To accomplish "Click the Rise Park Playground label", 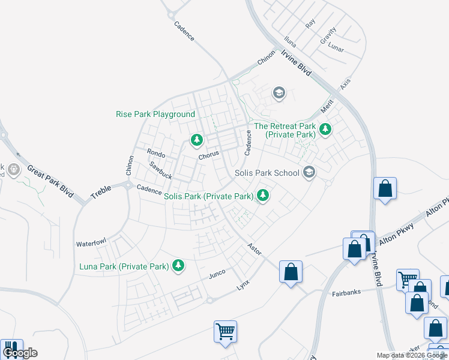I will pos(155,114).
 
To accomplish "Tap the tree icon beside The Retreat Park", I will pos(325,128).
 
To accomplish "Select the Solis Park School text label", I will pos(267,173).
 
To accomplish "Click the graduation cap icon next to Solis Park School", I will pos(309,173).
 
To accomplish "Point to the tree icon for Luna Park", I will pos(178,265).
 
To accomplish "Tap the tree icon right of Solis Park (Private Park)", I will pos(263,195).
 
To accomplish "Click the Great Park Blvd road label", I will pos(49,181).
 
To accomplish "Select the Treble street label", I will pos(101,192).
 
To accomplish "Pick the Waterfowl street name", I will pos(91,243).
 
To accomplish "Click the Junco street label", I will pos(217,274).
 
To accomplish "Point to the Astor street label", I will pos(255,249).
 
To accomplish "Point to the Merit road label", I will pos(327,106).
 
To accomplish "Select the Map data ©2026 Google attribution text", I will pos(412,355).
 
